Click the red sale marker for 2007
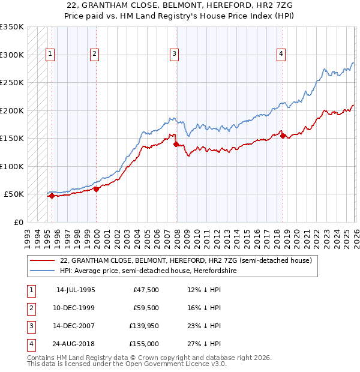(176, 144)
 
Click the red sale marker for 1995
(52, 196)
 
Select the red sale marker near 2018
(283, 136)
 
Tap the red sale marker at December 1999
(96, 189)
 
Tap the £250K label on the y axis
(12, 83)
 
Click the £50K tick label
(14, 194)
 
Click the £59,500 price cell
(144, 308)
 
